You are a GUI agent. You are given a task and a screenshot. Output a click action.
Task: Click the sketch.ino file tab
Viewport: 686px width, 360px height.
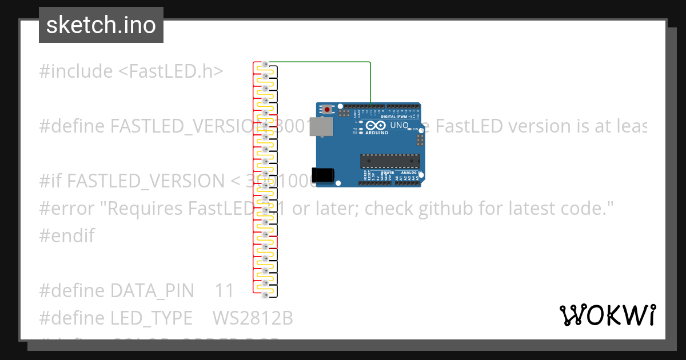pos(101,25)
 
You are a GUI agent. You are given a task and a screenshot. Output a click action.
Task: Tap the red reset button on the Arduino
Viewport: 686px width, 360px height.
pos(327,109)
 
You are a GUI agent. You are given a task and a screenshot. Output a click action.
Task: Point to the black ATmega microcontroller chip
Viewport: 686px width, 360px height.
pos(390,162)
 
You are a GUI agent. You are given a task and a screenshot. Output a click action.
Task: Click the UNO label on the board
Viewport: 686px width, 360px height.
pos(398,125)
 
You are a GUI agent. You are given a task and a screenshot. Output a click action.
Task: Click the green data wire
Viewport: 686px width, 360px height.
pos(320,62)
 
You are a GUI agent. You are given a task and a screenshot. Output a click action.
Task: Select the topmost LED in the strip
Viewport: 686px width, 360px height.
pos(265,63)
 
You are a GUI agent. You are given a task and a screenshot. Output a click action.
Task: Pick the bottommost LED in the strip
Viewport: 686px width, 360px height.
pos(264,295)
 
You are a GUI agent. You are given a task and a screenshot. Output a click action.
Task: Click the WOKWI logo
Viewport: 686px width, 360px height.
pos(607,315)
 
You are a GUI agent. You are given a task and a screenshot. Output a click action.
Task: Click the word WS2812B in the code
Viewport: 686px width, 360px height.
pos(253,318)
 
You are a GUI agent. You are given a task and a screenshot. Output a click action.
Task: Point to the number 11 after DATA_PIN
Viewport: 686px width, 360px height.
pos(224,291)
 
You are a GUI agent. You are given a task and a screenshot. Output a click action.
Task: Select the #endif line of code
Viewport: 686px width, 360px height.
pos(67,235)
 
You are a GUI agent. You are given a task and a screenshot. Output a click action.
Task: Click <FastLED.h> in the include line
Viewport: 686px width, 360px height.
pos(170,71)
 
